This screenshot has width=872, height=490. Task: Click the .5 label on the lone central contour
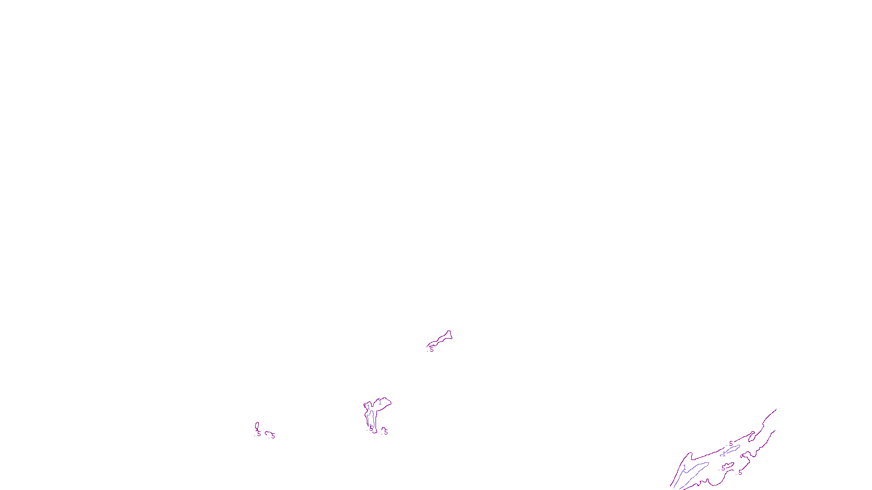[432, 350]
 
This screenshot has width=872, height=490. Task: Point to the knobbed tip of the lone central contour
[449, 334]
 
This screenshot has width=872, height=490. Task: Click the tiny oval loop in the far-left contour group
[257, 426]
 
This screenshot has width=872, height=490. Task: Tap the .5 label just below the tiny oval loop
[259, 434]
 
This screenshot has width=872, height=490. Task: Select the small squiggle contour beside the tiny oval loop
[268, 433]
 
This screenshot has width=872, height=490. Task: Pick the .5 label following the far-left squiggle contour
[273, 436]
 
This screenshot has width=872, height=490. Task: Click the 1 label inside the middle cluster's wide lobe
[380, 402]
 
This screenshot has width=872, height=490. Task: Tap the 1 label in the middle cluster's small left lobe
[368, 407]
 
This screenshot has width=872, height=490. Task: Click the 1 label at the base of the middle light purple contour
[371, 427]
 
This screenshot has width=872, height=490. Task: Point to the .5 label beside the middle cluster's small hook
[386, 432]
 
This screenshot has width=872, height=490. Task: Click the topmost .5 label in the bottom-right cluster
[731, 444]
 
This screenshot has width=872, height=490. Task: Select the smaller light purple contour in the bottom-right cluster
[732, 449]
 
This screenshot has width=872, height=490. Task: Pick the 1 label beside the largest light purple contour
[685, 467]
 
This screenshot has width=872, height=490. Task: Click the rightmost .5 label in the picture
[740, 472]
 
